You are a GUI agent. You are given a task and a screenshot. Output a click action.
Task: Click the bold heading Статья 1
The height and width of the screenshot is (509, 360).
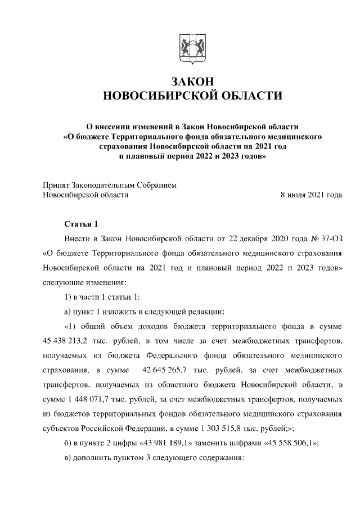pyautogui.click(x=82, y=223)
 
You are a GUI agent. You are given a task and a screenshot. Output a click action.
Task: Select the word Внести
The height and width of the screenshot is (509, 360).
pyautogui.click(x=77, y=238)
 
